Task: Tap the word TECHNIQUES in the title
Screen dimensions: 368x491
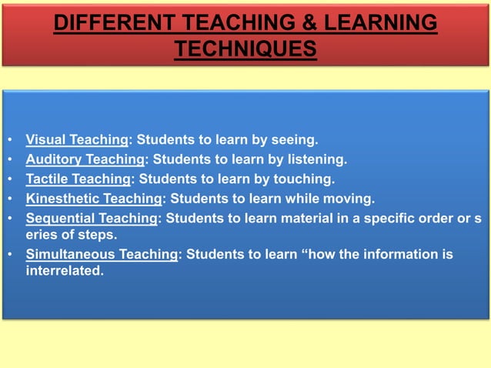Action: coord(245,49)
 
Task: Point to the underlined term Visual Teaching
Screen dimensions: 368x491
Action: coord(77,140)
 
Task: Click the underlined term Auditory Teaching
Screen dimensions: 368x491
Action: coord(85,160)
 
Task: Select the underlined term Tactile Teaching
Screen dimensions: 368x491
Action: coord(78,179)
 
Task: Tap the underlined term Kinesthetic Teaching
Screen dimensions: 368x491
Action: coord(94,199)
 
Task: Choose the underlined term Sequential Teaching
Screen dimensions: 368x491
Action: coord(92,219)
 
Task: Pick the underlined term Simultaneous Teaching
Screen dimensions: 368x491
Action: coord(102,254)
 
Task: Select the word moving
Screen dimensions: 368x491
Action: coord(349,199)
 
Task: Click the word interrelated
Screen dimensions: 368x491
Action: coord(65,270)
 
